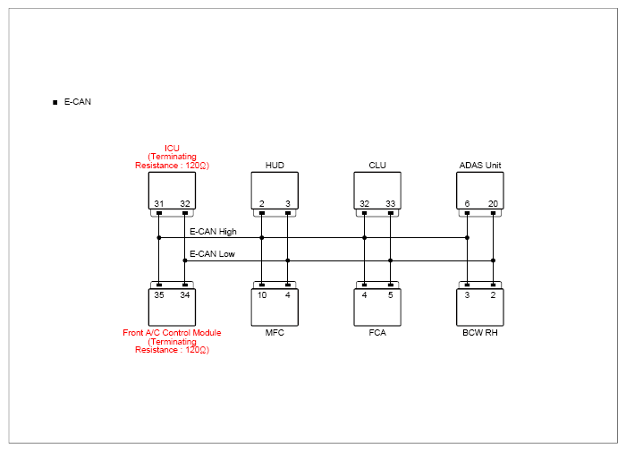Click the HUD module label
tap(275, 165)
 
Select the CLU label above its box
tap(377, 165)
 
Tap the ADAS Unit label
tap(480, 165)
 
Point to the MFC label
tap(275, 332)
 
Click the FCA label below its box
tap(377, 332)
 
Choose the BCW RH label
tap(480, 332)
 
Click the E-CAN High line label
tap(213, 232)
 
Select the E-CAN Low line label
tap(212, 254)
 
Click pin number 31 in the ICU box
tap(159, 203)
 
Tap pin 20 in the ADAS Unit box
tap(493, 203)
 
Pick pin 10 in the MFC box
tap(262, 295)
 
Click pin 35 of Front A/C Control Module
tap(159, 295)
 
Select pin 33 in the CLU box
tap(391, 203)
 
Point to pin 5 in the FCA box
tap(391, 295)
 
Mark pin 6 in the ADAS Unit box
tap(467, 203)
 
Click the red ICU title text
tap(172, 148)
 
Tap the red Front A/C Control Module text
tap(172, 332)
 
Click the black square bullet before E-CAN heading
tap(55, 103)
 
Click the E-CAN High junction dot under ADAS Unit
tap(467, 238)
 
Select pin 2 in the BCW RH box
tap(493, 295)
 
